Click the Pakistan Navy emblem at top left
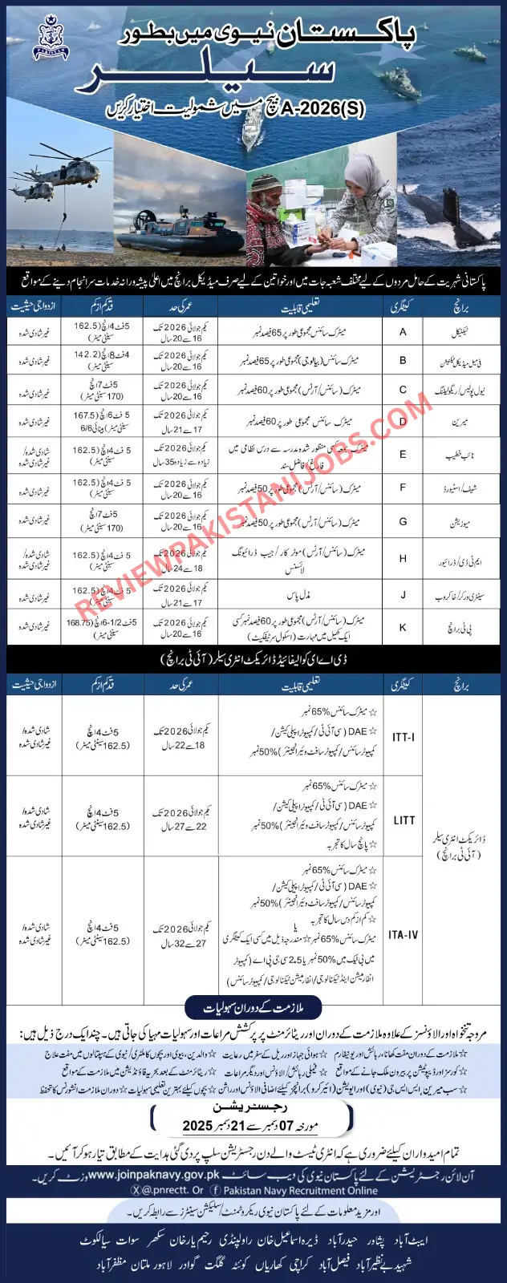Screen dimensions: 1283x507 tap(51, 38)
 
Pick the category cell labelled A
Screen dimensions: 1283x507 tap(403, 332)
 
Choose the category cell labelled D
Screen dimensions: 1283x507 tap(403, 421)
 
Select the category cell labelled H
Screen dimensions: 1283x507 tap(403, 559)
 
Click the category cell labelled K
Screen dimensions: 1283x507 tap(403, 628)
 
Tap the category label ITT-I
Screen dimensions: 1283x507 tap(403, 737)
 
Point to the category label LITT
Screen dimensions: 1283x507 tap(404, 820)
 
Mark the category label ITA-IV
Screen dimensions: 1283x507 tap(403, 935)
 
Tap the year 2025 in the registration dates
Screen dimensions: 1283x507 tap(197, 1126)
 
